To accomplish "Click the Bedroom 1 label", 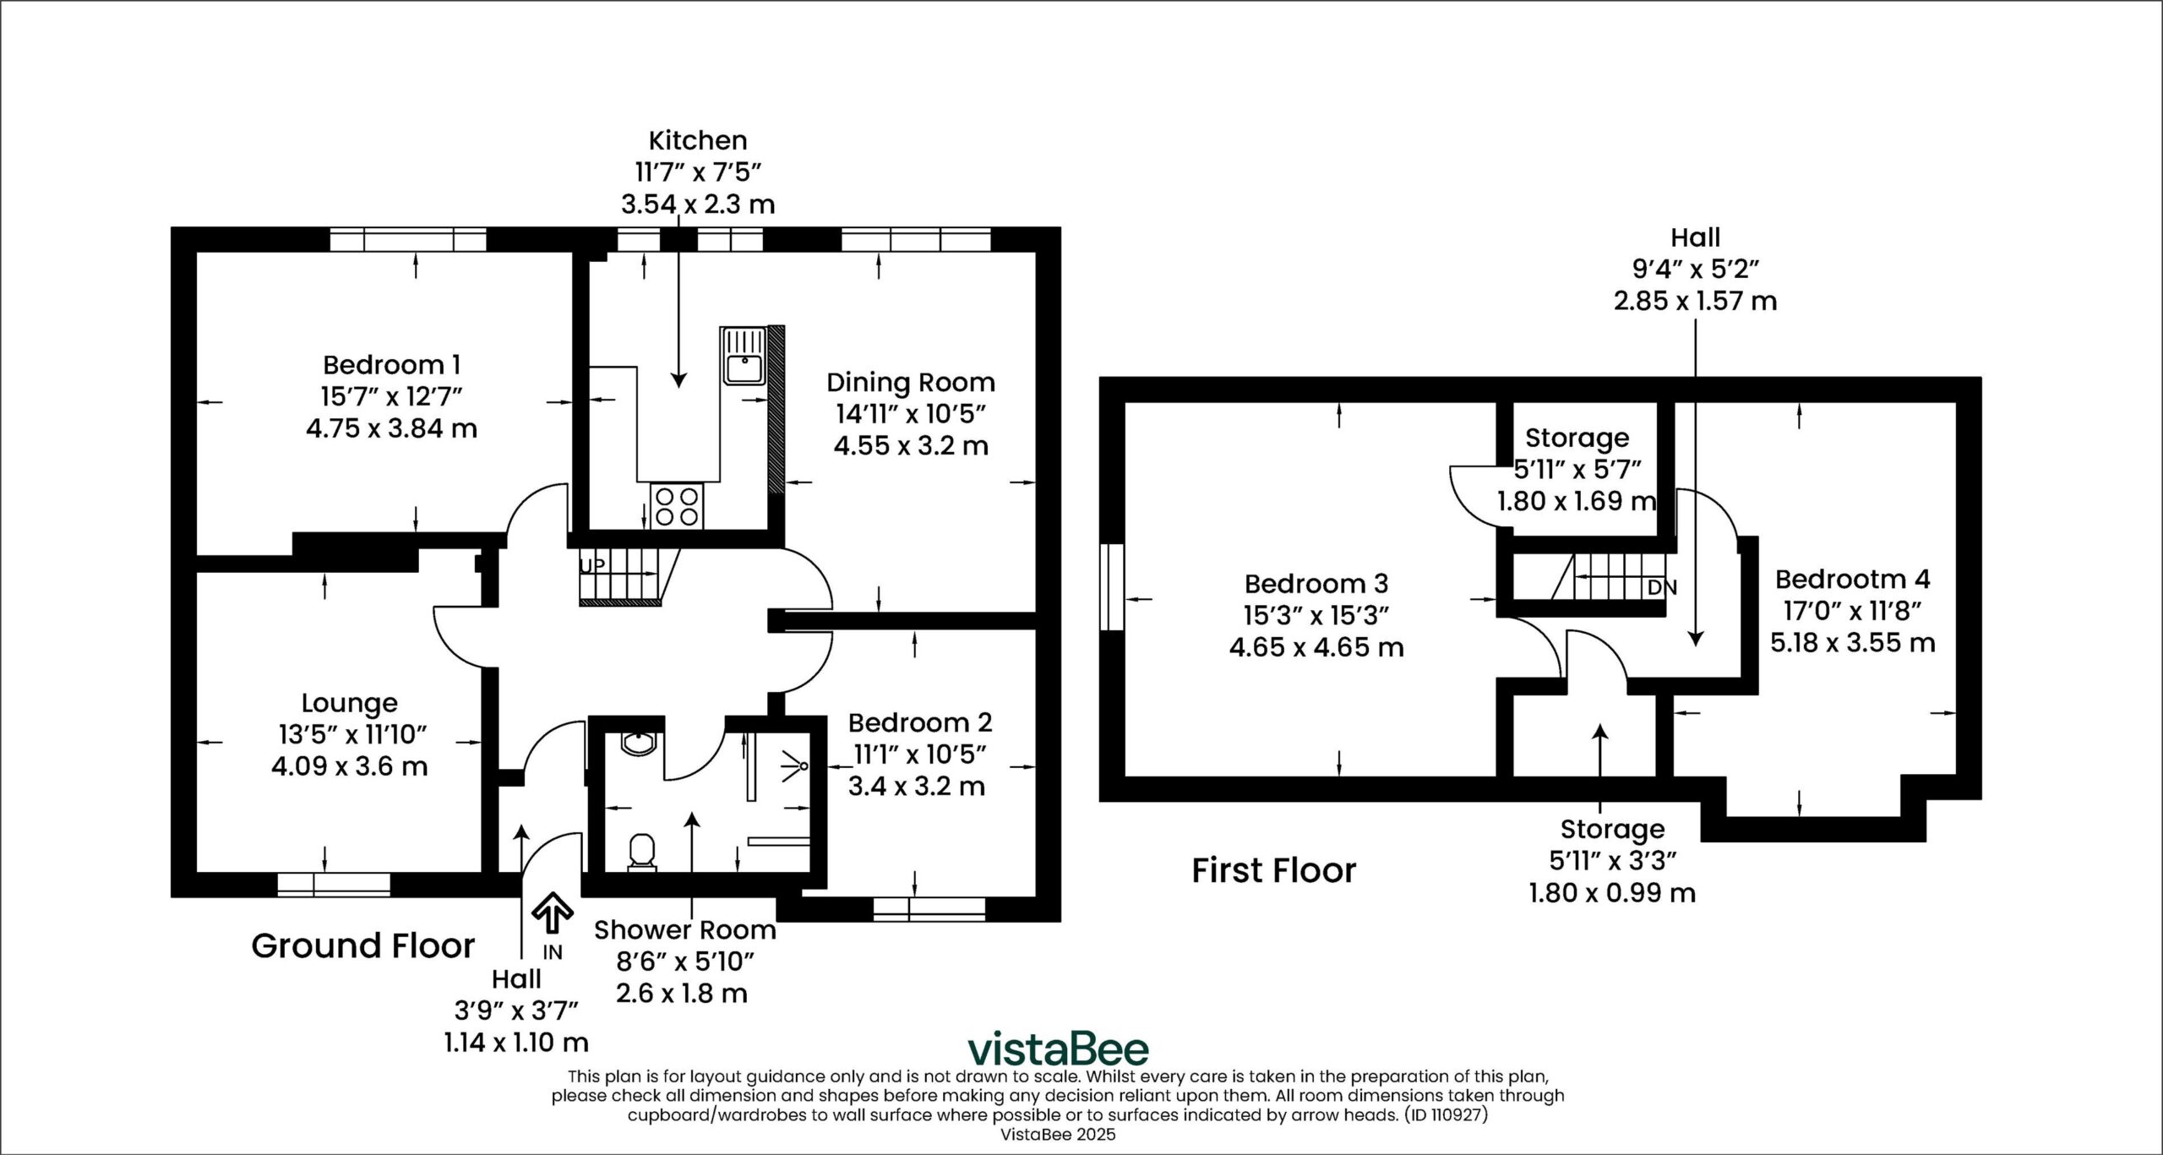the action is [x=391, y=365].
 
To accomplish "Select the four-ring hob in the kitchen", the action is [x=677, y=505].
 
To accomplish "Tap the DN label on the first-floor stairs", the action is [x=1662, y=587].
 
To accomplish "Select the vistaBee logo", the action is [x=1058, y=1049].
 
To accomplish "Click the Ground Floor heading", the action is [x=363, y=945].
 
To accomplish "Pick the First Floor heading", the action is [x=1273, y=869].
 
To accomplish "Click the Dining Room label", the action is [x=911, y=383].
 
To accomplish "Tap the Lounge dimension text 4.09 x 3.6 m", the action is [x=349, y=766].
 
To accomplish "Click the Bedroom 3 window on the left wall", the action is [x=1112, y=599].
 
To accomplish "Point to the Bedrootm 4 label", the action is [x=1852, y=579].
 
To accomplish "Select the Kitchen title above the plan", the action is [x=698, y=140].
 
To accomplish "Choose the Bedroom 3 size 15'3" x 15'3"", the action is [x=1316, y=615].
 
